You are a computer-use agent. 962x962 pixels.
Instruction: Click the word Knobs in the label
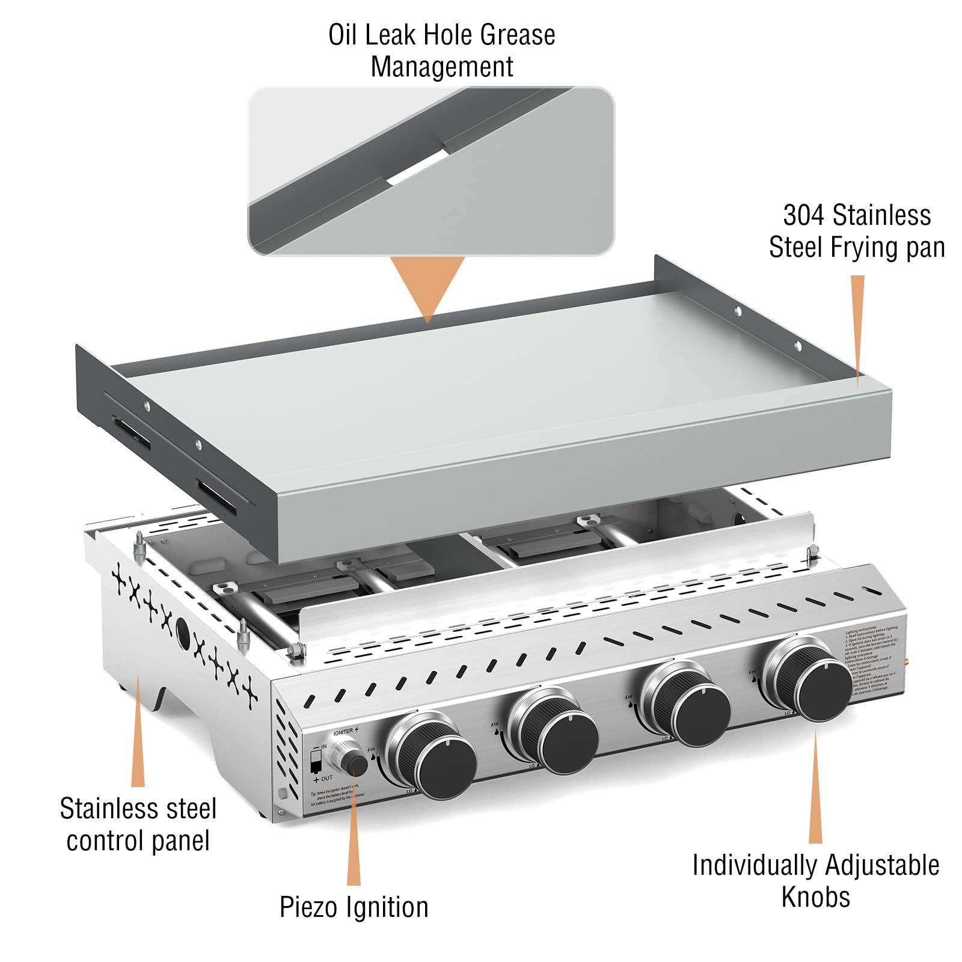pyautogui.click(x=815, y=896)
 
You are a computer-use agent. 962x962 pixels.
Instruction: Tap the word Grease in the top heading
pyautogui.click(x=516, y=35)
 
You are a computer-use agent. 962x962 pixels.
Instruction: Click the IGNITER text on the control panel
pyautogui.click(x=343, y=732)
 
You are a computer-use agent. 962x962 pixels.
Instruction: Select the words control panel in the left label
pyautogui.click(x=138, y=841)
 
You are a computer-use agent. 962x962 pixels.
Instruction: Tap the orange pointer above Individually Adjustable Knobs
pyautogui.click(x=815, y=788)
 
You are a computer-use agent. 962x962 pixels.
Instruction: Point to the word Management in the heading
pyautogui.click(x=441, y=67)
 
